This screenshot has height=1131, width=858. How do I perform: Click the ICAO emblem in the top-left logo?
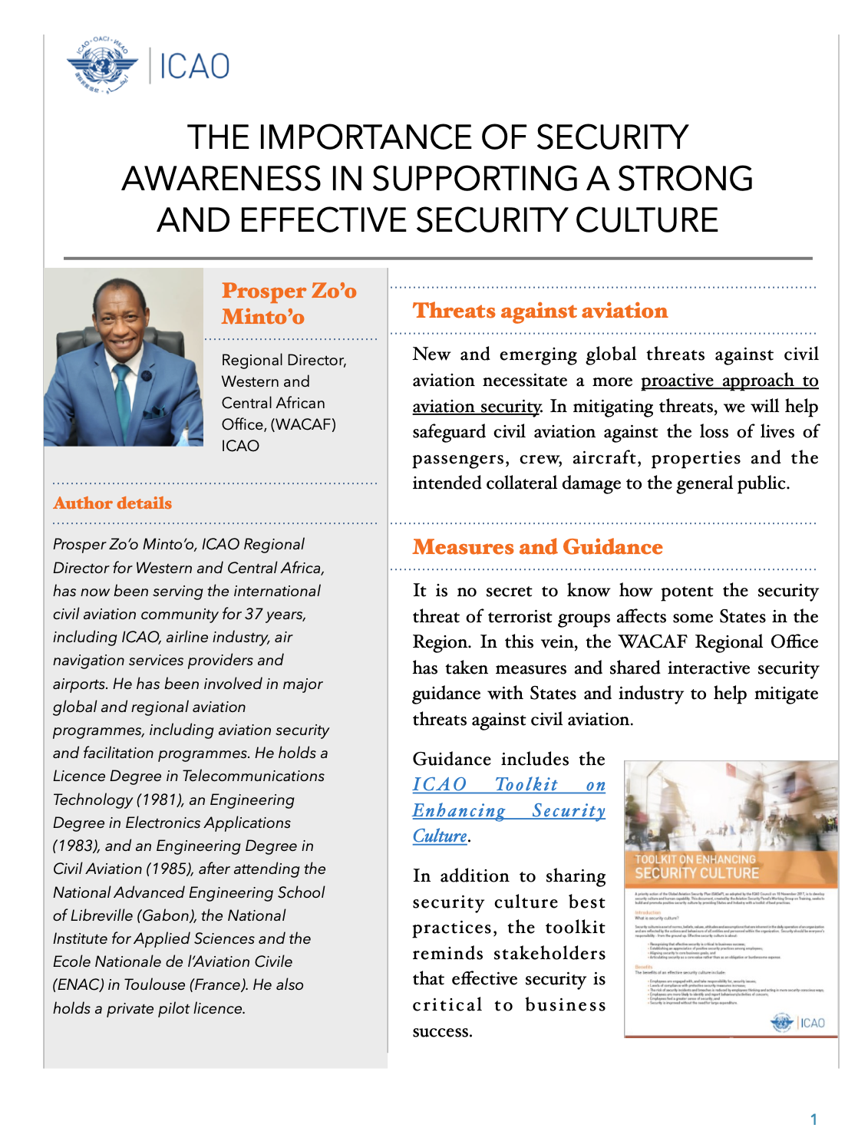(102, 65)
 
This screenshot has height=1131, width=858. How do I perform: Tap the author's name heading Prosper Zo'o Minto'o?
(289, 303)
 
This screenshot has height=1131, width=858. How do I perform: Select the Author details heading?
(112, 503)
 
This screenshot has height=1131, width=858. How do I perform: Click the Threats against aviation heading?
(540, 311)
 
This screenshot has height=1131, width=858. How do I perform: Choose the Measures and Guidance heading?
(537, 547)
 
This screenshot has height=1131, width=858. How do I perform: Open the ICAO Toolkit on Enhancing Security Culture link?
(508, 810)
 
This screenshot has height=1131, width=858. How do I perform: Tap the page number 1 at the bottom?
(813, 1119)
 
